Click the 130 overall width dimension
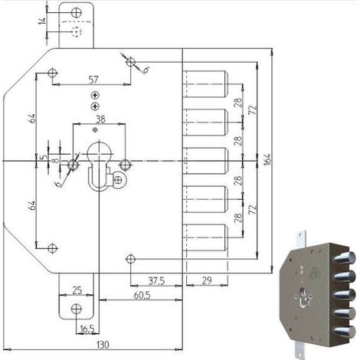pos(103,345)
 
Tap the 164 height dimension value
pos(267,160)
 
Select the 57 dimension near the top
pos(93,80)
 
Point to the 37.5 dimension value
pos(156,281)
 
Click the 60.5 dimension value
pos(142,296)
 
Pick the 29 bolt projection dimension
pos(207,280)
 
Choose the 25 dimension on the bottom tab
pos(77,290)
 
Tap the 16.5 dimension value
pos(87,329)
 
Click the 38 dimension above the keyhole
pos(100,119)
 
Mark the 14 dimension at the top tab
pos(42,21)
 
